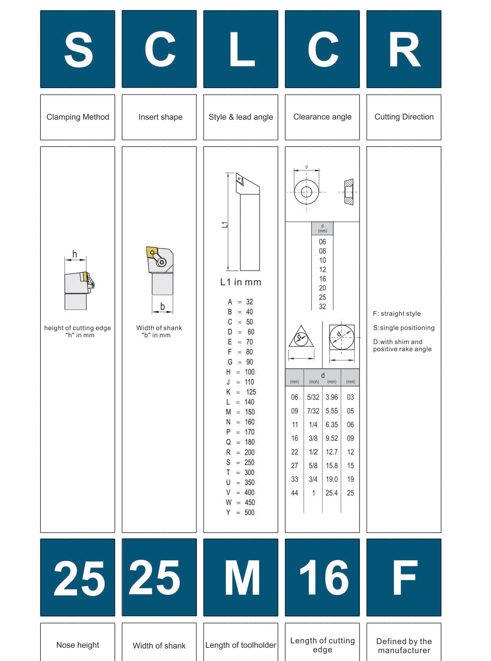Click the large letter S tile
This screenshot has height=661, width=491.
click(x=78, y=49)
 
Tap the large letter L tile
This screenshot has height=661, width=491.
click(x=241, y=49)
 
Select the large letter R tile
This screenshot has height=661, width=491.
click(x=404, y=49)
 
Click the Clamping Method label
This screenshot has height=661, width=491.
click(x=78, y=117)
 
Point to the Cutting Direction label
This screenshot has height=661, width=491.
click(x=404, y=117)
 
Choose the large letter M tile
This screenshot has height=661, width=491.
click(x=241, y=577)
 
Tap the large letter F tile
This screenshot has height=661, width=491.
click(x=404, y=577)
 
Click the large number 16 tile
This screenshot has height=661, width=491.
click(x=322, y=577)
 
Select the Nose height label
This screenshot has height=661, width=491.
click(x=78, y=645)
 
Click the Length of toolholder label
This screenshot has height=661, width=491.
click(x=241, y=645)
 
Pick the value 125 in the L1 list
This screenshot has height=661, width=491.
click(x=251, y=392)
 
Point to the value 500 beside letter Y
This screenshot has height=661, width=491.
click(x=249, y=512)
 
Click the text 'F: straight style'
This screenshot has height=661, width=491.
click(x=397, y=313)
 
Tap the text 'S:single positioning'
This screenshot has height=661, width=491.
click(x=404, y=328)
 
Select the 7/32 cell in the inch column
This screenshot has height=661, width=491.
click(x=313, y=411)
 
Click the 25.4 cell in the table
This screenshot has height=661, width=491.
click(x=331, y=493)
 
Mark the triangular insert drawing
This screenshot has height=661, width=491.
click(x=301, y=337)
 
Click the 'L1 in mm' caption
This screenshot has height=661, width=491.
click(x=240, y=282)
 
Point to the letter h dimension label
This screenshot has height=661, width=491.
click(x=75, y=254)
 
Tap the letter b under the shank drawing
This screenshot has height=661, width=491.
click(x=162, y=306)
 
